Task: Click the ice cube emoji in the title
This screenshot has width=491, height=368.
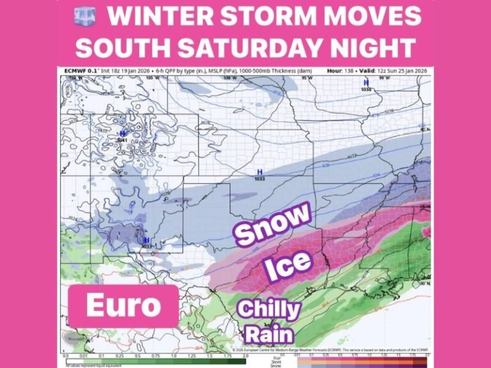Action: [x=85, y=17]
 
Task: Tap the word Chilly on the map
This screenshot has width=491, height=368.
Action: [x=269, y=310]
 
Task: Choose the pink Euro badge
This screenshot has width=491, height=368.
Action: [x=123, y=305]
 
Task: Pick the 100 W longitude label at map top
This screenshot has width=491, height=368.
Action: [x=226, y=78]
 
